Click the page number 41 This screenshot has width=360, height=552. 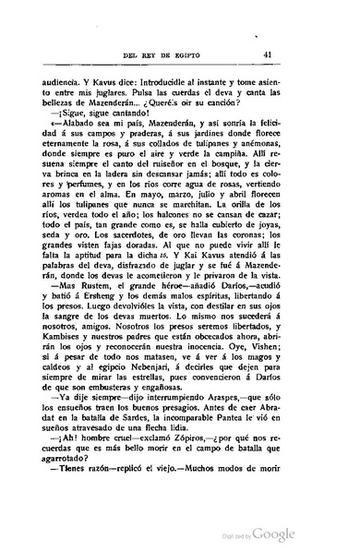317,54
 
